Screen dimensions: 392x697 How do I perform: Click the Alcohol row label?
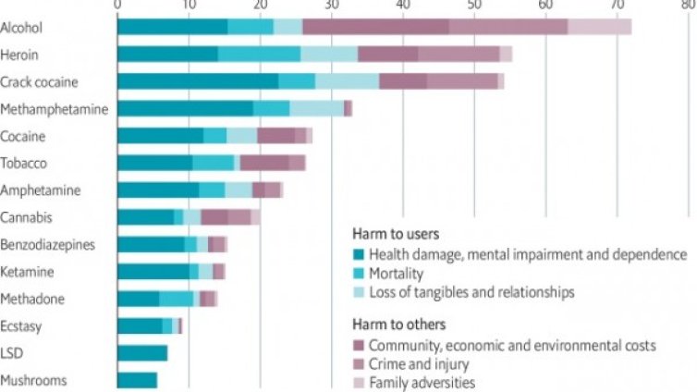coord(23,28)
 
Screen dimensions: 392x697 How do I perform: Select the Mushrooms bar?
coord(137,380)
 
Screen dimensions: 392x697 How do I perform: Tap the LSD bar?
coord(142,353)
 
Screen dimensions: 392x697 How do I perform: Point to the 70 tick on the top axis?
coord(617,6)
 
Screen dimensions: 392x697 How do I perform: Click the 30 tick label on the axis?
coord(331,6)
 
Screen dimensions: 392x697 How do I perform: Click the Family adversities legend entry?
coord(422,381)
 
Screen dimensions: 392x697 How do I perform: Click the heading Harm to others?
coord(397,325)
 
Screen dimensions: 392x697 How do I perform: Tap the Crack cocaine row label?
coord(40,81)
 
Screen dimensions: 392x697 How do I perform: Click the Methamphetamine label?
coord(55,108)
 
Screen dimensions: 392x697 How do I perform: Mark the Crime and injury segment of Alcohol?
coord(508,27)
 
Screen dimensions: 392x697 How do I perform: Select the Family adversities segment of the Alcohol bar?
coord(599,27)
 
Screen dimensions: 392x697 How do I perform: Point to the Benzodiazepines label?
coord(50,244)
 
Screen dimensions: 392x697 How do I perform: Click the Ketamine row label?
coord(28,272)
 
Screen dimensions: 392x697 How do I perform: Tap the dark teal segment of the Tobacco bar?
coord(154,163)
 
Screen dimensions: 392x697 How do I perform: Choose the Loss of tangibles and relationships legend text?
coord(471,292)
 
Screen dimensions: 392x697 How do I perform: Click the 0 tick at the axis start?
coord(117,6)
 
